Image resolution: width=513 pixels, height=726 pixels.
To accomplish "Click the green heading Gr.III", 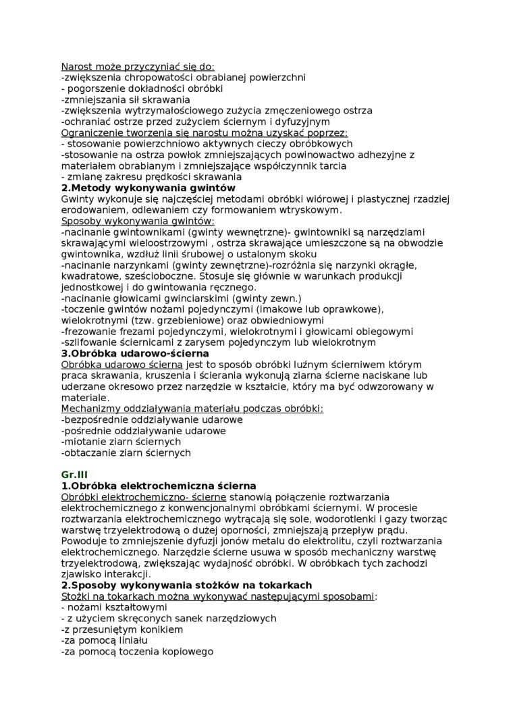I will coord(74,475).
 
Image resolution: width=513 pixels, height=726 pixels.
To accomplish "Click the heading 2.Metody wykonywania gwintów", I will coord(148,188).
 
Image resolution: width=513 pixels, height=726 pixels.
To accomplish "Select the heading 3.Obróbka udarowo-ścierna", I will coord(135,353).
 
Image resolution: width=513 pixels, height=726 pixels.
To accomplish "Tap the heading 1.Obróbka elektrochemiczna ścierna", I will coord(159,486).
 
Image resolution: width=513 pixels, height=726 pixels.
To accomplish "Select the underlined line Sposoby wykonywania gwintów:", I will coord(138,221).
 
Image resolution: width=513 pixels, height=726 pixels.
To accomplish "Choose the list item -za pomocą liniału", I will coord(105,640).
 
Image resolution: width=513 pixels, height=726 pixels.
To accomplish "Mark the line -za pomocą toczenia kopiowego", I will coord(137,651).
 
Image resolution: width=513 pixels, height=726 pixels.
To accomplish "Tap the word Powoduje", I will coord(84,530).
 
